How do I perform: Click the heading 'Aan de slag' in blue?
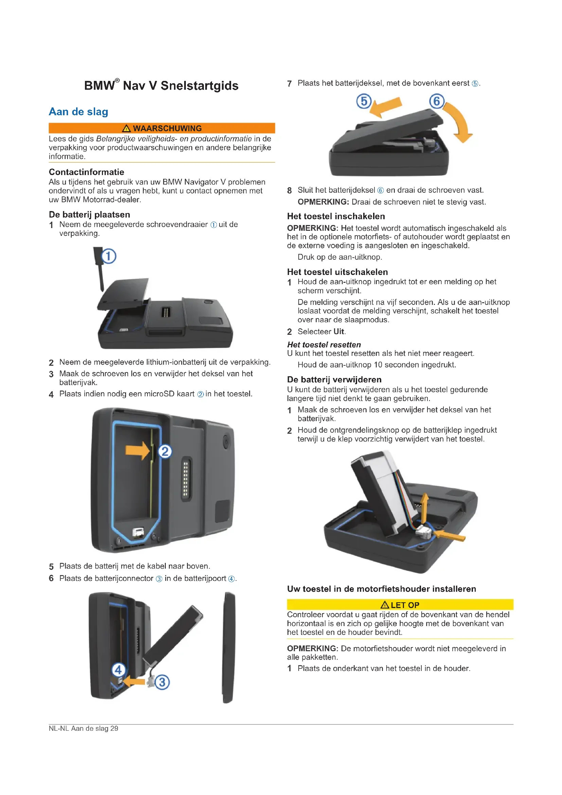(78, 112)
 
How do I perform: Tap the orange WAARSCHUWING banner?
(162, 128)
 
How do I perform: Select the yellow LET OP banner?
(400, 605)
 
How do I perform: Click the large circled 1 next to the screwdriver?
(108, 257)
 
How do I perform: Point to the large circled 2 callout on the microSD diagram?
(165, 451)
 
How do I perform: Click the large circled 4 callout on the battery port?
(118, 670)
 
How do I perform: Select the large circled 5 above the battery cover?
(364, 101)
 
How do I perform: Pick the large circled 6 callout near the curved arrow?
(437, 101)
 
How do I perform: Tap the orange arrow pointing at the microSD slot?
(138, 450)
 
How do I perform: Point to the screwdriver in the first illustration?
(99, 269)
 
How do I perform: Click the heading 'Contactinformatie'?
(87, 172)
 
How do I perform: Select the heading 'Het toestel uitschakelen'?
(337, 272)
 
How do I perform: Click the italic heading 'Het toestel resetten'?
(324, 345)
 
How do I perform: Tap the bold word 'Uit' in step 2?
(339, 331)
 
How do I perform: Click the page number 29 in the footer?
(114, 728)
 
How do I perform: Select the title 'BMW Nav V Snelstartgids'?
(161, 85)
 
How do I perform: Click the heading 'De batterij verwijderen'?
(334, 380)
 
